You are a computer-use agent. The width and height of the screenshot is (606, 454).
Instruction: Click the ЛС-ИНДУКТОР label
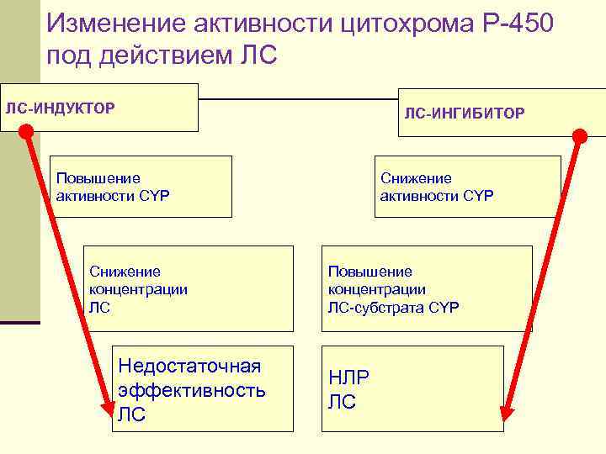pyautogui.click(x=61, y=108)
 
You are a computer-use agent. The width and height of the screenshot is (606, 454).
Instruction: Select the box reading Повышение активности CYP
pyautogui.click(x=141, y=187)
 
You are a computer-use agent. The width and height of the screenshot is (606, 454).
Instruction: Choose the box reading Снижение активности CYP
pyautogui.click(x=467, y=187)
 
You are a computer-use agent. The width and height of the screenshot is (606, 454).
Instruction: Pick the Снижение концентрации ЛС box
pyautogui.click(x=189, y=288)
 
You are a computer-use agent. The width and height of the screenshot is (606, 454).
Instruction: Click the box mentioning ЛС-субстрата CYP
pyautogui.click(x=427, y=288)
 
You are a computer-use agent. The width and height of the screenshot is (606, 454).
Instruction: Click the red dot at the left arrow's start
pyautogui.click(x=26, y=131)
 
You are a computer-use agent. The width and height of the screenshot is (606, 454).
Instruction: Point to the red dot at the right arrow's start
pyautogui.click(x=580, y=135)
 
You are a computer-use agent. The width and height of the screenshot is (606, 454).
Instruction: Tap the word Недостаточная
pyautogui.click(x=190, y=367)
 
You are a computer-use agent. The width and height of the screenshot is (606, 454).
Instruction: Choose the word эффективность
pyautogui.click(x=192, y=390)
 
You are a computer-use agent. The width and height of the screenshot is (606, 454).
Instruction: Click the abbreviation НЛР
pyautogui.click(x=348, y=377)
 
